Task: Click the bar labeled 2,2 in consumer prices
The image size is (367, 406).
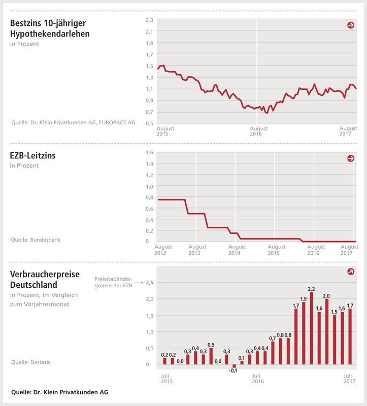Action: (311, 328)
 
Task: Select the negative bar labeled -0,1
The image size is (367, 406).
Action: (234, 366)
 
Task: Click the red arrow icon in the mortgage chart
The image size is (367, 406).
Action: (351, 25)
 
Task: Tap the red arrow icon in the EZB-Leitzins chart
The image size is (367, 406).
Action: (351, 159)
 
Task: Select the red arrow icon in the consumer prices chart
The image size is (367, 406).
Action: (351, 272)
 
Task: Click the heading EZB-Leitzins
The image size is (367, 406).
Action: (33, 156)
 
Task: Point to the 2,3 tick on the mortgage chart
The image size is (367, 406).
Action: (149, 20)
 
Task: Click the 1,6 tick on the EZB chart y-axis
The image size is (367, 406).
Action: (149, 153)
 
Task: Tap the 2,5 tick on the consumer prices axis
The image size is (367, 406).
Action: (149, 283)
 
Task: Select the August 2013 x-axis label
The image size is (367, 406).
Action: (194, 250)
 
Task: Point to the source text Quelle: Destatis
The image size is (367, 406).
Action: (31, 362)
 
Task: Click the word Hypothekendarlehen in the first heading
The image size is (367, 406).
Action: (50, 34)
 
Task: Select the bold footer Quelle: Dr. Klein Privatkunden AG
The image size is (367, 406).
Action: (59, 392)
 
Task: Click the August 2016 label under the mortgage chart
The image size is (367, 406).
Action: (258, 132)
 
